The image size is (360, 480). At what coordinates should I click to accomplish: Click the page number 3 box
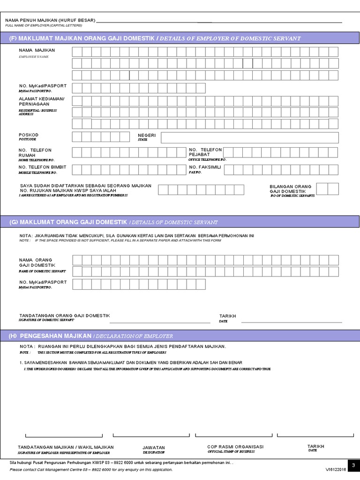tap(354, 465)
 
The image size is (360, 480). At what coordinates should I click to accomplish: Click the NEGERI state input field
tap(249, 137)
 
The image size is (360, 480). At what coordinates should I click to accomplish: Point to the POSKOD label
tap(29, 135)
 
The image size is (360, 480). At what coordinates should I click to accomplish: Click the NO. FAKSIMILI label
tap(204, 167)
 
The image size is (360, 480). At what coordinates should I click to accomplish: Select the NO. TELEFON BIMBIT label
tap(42, 167)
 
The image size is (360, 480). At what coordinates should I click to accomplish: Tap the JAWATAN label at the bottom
tap(154, 447)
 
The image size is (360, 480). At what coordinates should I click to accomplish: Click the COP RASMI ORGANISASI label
tap(235, 446)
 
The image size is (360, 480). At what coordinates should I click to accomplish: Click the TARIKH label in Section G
tap(228, 316)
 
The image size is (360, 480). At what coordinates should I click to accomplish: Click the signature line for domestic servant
tap(159, 322)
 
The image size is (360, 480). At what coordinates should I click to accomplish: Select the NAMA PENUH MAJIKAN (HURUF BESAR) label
tap(50, 20)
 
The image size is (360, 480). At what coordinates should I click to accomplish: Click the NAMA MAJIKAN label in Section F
tap(37, 50)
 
